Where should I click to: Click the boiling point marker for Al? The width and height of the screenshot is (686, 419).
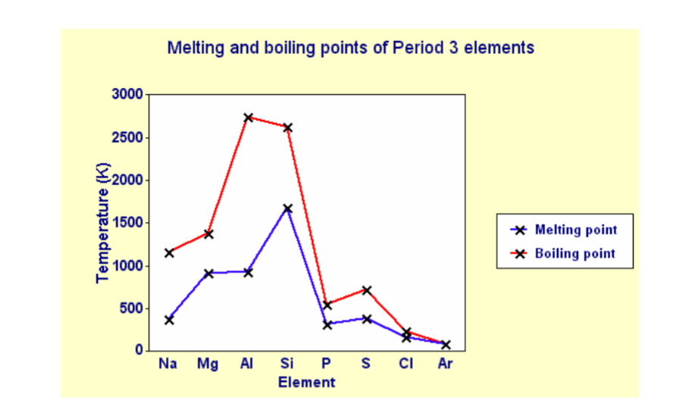coord(248,117)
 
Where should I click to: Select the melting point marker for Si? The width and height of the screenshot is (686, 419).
coord(287,208)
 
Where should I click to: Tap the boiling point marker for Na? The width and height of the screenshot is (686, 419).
coord(169,252)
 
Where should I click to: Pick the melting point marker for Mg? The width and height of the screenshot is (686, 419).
coord(208,273)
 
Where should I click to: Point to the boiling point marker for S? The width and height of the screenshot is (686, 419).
coord(366,289)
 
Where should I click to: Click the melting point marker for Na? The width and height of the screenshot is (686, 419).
coord(169,320)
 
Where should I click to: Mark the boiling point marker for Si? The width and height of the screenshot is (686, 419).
coord(287,127)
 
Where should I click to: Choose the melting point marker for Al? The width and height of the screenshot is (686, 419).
coord(248,271)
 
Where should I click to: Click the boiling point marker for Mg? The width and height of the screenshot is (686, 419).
coord(208,233)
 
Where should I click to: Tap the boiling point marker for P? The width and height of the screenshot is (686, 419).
coord(327,305)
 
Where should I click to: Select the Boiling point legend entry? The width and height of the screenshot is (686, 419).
coord(575,253)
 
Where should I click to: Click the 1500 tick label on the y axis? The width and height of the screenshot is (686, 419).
coord(127,223)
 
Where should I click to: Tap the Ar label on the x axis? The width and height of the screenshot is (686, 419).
coord(445,364)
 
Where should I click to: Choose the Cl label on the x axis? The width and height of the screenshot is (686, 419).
coord(406,364)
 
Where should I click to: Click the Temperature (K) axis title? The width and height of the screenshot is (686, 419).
coord(103,223)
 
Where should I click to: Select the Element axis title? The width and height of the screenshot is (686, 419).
coord(306,383)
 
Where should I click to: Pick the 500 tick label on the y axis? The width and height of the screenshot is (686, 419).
coord(130,308)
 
